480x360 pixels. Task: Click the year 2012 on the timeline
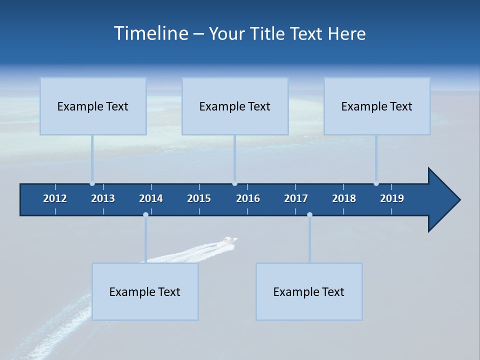click(55, 198)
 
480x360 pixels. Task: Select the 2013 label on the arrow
click(103, 198)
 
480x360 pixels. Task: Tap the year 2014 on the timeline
click(151, 198)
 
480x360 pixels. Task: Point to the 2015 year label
click(199, 198)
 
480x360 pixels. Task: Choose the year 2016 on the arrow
click(248, 198)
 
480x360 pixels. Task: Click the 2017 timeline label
click(296, 198)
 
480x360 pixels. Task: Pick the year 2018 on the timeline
click(344, 198)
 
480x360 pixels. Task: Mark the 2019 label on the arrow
click(392, 198)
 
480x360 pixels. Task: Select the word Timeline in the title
click(151, 33)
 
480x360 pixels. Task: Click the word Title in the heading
click(268, 34)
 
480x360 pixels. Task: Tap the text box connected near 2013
click(93, 106)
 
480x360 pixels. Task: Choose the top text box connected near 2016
click(235, 106)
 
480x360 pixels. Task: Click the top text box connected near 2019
click(377, 106)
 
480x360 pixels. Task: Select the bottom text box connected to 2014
click(145, 291)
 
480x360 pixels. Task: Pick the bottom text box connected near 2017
click(309, 291)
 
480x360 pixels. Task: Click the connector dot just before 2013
click(92, 183)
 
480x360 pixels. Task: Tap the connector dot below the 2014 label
click(145, 214)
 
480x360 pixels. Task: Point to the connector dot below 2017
click(309, 214)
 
